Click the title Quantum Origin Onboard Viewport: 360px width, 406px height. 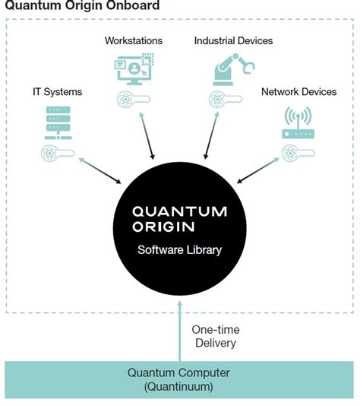click(x=83, y=6)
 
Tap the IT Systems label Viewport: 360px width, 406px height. click(x=57, y=92)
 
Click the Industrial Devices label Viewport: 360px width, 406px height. click(x=233, y=40)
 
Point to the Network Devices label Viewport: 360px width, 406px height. click(x=298, y=92)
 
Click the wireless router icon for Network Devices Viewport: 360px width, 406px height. click(x=298, y=124)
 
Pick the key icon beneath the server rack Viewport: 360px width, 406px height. click(x=58, y=154)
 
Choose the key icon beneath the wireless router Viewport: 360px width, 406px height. click(x=298, y=154)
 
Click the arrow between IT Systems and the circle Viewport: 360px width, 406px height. click(x=99, y=171)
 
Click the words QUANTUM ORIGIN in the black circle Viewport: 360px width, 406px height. click(x=179, y=218)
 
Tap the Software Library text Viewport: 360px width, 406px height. click(x=179, y=249)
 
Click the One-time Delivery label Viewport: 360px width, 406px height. click(x=213, y=336)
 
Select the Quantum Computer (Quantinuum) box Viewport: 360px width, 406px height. click(x=179, y=379)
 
